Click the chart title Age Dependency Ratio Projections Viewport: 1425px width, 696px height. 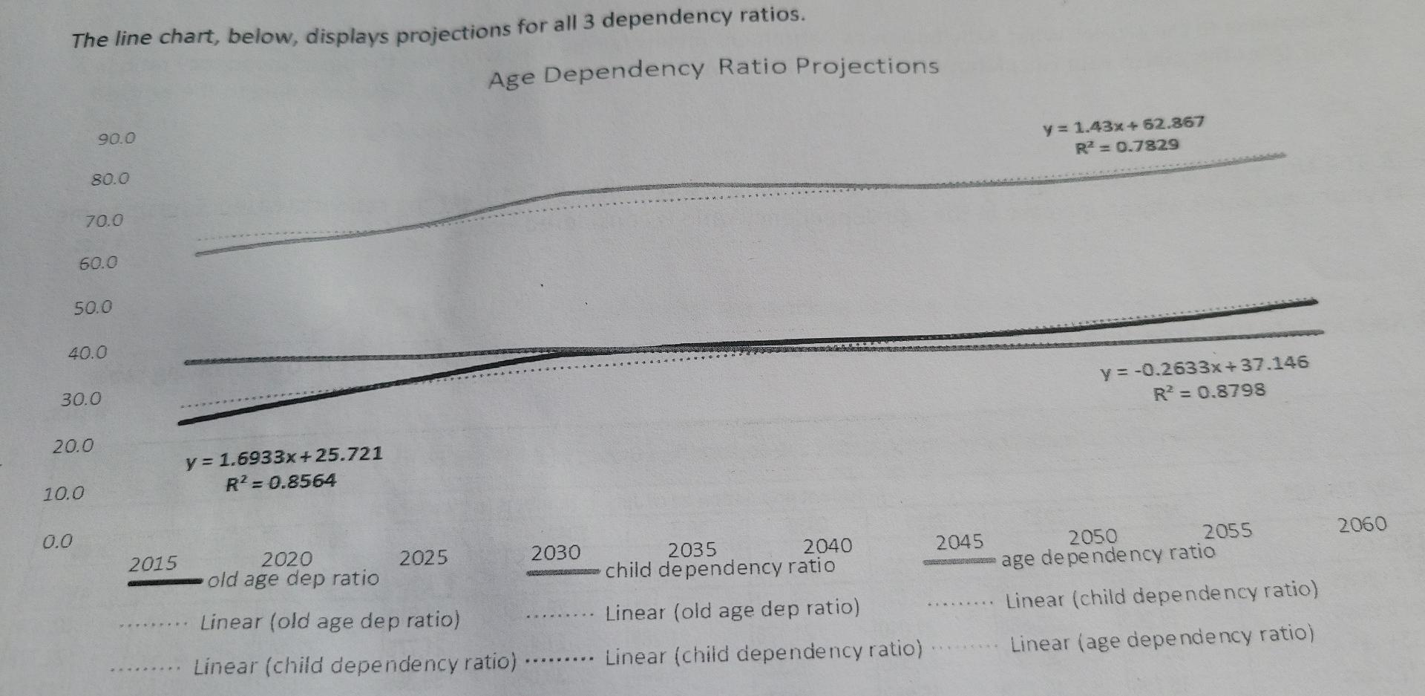coord(713,71)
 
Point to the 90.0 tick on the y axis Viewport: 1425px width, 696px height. coord(117,139)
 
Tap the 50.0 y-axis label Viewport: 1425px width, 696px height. coord(93,308)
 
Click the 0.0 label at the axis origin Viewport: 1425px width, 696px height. coord(57,541)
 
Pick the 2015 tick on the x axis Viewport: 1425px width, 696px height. coord(153,564)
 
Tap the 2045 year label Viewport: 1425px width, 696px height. coord(960,542)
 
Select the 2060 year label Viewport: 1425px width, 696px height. coord(1362,525)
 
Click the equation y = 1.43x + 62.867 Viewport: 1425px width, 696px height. coord(1124,125)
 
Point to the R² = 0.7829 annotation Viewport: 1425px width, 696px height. coord(1127,146)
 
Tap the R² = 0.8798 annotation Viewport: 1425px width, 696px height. coord(1209,391)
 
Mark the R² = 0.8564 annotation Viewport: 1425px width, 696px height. coord(281,483)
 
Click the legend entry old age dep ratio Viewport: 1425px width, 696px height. coord(293,579)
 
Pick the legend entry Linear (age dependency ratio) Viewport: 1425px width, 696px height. coord(1162,638)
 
